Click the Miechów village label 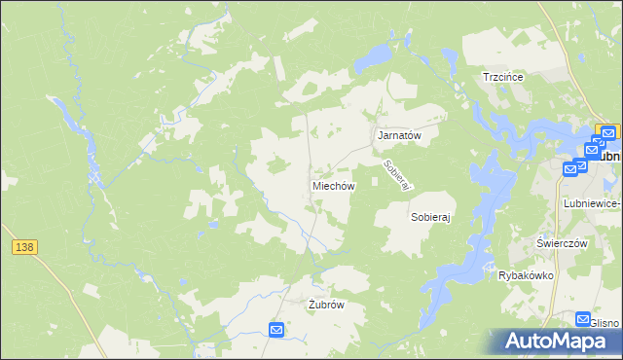[334, 185]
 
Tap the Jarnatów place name [399, 136]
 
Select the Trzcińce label [504, 77]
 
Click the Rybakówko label [526, 275]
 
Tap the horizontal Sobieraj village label [432, 218]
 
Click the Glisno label [605, 324]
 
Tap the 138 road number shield [24, 248]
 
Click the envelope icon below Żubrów [276, 331]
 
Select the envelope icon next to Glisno [583, 318]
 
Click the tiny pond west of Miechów [212, 225]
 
